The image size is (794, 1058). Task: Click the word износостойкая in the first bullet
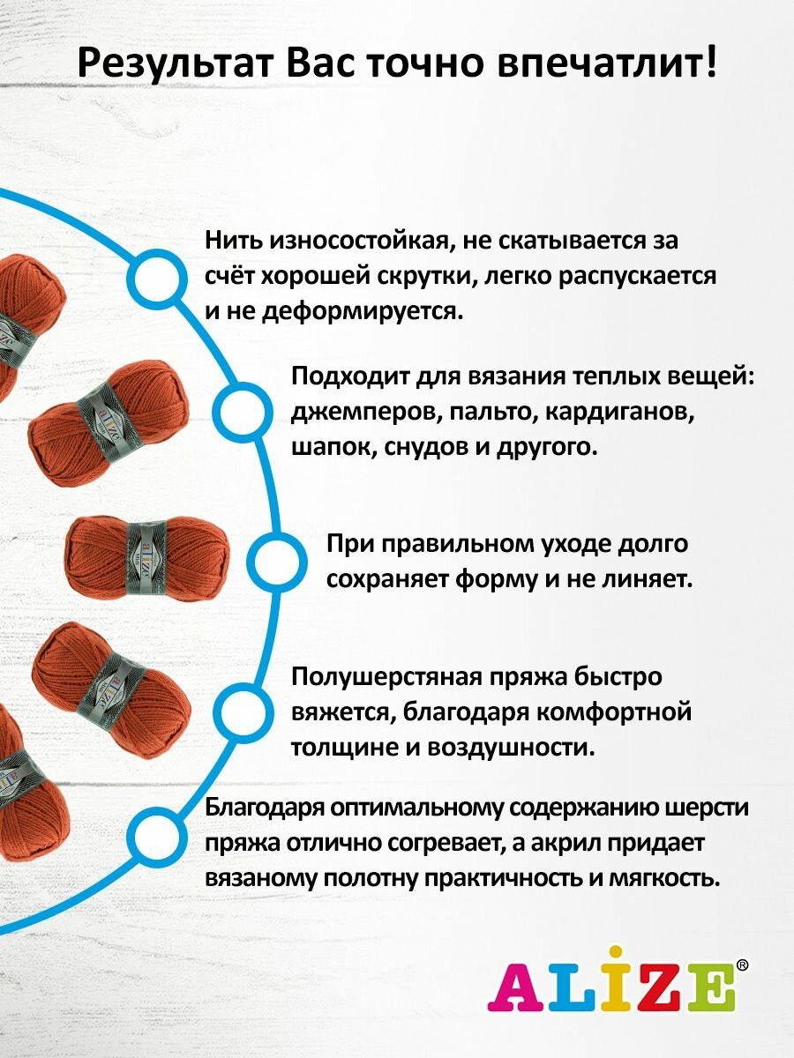pyautogui.click(x=363, y=241)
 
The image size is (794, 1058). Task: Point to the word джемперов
pyautogui.click(x=363, y=412)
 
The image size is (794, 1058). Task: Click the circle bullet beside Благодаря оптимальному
pyautogui.click(x=157, y=840)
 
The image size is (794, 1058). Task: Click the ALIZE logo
pyautogui.click(x=611, y=987)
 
